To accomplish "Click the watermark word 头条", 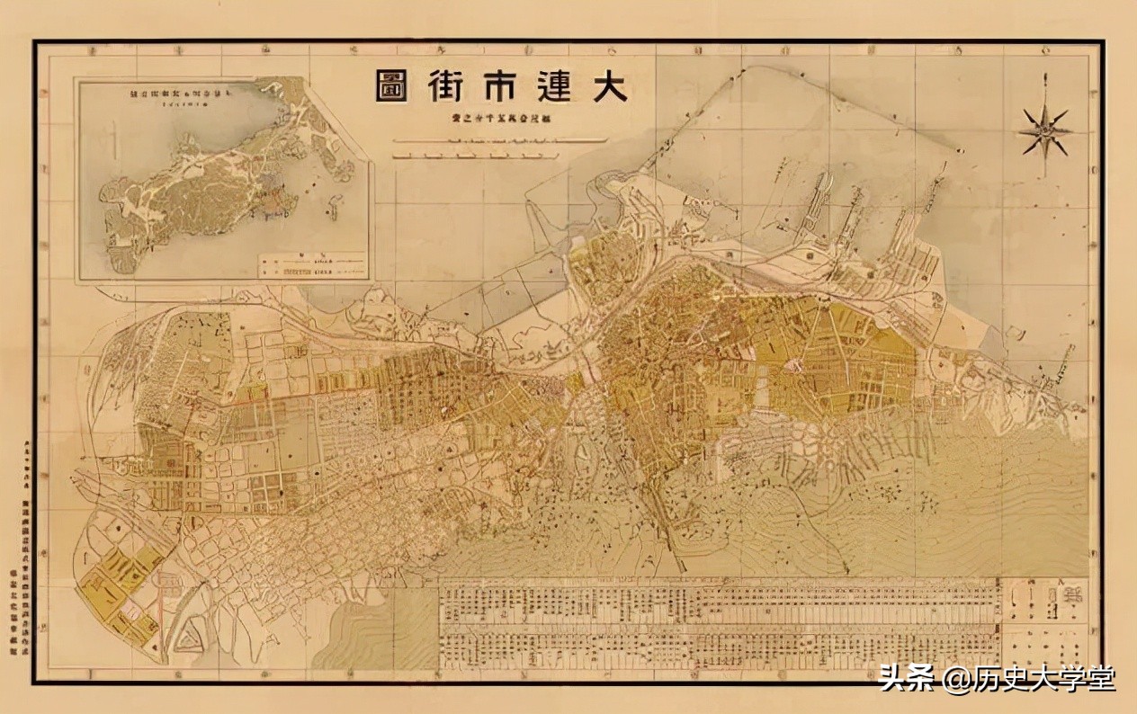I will (907, 677).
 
